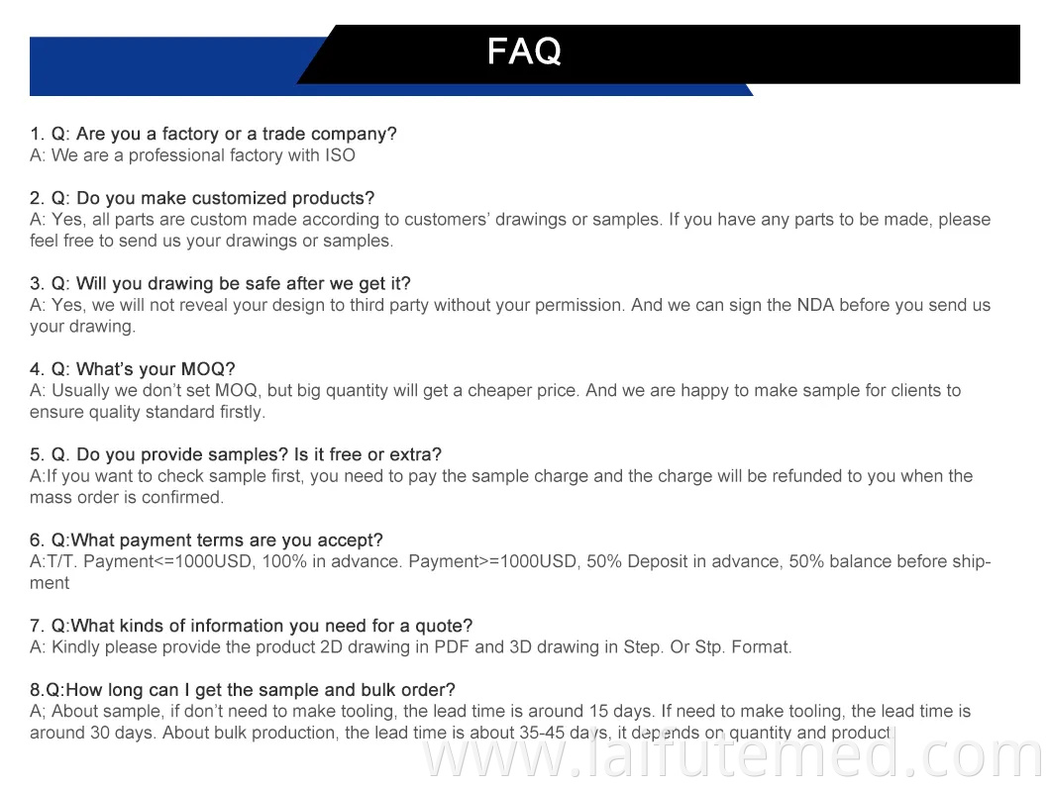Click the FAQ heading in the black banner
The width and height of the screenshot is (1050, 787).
(x=524, y=51)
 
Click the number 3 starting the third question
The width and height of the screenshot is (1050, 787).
(x=35, y=284)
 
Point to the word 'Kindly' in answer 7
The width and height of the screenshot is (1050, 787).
(x=78, y=647)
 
